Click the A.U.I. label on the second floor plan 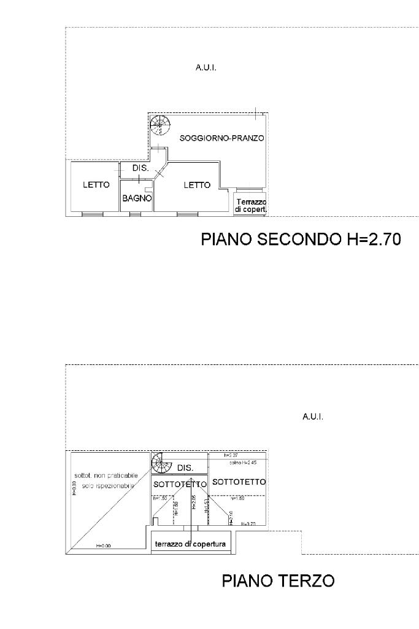[206, 68]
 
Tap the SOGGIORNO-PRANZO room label [221, 138]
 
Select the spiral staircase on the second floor [160, 125]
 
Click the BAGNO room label [136, 198]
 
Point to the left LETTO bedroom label [96, 184]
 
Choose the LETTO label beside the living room [197, 185]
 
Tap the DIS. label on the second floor [140, 168]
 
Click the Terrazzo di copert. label [251, 205]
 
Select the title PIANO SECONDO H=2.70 [301, 239]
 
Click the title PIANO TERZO [278, 580]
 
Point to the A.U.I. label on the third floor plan [313, 416]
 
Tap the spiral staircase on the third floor [161, 463]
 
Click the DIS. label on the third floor [185, 468]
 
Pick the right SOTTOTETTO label [239, 482]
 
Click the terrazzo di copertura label [190, 544]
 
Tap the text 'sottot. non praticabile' [102, 475]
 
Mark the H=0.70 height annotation [248, 524]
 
